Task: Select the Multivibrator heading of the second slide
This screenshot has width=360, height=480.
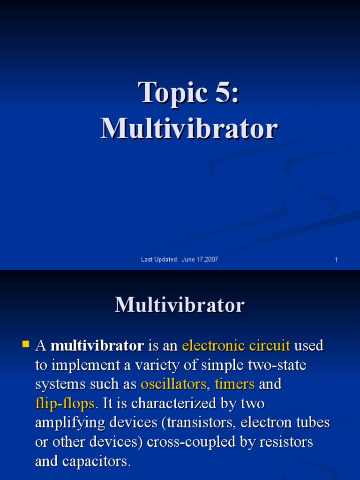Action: click(180, 305)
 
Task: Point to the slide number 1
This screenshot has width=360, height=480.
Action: click(336, 260)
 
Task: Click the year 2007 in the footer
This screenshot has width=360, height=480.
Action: click(211, 260)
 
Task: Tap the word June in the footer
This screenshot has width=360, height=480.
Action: click(188, 260)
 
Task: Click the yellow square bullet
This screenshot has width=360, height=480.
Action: click(25, 345)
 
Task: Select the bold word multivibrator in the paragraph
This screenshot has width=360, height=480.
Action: click(97, 346)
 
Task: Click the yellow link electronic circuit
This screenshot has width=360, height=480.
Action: click(236, 346)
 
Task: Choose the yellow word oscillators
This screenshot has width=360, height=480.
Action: click(173, 384)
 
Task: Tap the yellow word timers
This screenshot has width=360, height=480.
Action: click(235, 384)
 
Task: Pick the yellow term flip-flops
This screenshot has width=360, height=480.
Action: click(65, 404)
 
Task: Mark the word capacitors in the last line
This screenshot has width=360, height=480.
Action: click(98, 462)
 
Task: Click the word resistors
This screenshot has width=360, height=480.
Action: click(286, 442)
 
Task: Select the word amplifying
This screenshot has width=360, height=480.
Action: click(68, 423)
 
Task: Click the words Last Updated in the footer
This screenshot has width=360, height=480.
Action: click(159, 260)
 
